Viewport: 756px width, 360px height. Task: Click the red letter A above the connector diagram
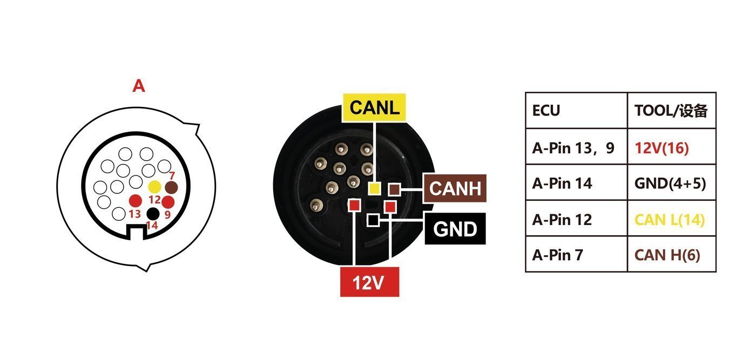(139, 86)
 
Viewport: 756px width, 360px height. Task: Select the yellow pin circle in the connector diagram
(154, 187)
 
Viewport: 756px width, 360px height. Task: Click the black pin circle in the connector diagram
(153, 214)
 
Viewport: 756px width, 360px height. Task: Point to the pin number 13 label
(134, 214)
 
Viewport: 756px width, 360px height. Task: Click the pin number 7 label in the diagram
(172, 175)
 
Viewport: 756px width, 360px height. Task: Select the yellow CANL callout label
(374, 107)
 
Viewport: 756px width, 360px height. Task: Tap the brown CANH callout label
(455, 188)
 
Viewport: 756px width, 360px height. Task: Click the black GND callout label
(455, 229)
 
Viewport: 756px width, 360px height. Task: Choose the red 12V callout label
(369, 282)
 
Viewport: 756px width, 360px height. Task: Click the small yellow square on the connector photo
(374, 188)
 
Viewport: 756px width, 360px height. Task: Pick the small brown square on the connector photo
(394, 189)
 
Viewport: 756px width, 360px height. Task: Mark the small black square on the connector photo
(373, 220)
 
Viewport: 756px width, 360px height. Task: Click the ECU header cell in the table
(577, 110)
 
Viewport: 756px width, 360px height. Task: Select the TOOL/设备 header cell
(672, 110)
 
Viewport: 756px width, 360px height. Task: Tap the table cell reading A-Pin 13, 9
(577, 147)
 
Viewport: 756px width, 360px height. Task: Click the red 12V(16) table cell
(672, 147)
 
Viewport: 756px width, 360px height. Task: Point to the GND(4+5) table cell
(672, 183)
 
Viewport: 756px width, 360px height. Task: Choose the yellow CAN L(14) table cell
(672, 219)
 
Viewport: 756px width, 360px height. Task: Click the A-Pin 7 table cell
(577, 254)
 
